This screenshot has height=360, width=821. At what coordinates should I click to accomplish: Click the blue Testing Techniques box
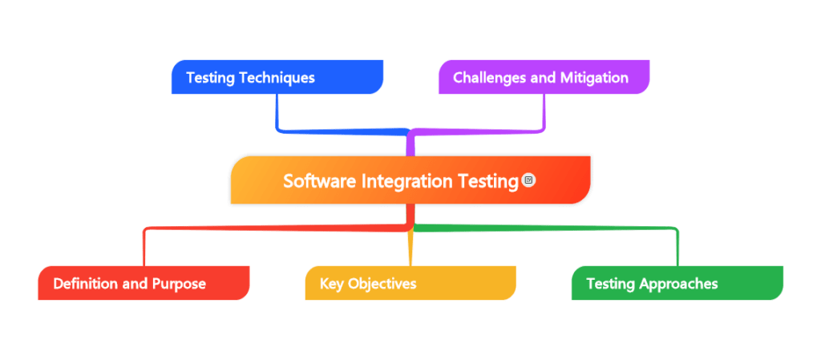pos(277,77)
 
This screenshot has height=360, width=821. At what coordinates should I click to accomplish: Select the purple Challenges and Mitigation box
pos(544,77)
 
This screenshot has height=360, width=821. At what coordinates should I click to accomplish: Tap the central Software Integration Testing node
pos(410,180)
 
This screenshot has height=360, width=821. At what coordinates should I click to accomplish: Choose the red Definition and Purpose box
pos(143,284)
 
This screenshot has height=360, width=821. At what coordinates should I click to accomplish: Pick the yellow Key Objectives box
pos(410,284)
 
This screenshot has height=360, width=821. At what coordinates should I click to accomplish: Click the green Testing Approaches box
pos(677,284)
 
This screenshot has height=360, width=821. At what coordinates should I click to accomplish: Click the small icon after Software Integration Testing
pos(528,180)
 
